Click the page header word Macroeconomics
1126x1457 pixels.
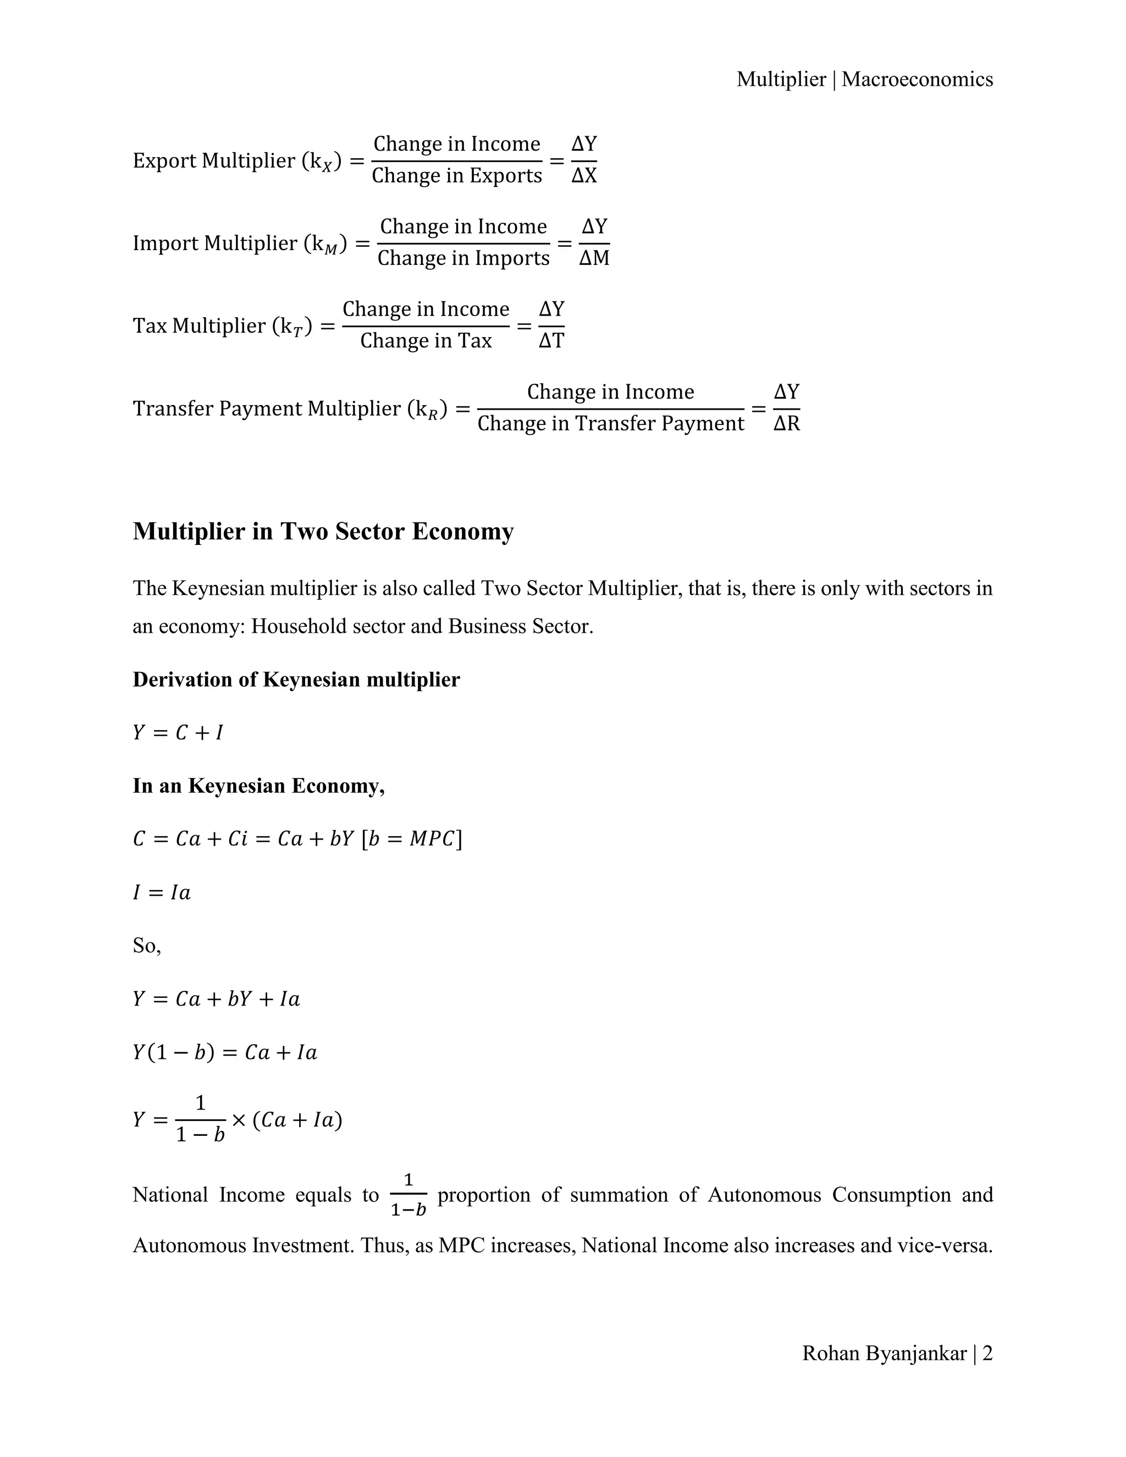917,79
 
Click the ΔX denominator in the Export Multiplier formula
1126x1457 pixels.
584,176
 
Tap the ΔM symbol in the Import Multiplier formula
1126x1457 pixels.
594,258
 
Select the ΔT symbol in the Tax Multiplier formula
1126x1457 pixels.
551,341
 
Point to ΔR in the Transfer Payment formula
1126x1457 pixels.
786,423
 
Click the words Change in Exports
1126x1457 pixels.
456,175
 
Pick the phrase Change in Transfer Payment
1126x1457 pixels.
610,423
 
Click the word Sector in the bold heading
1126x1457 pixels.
369,532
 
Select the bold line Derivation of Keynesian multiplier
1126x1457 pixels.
296,680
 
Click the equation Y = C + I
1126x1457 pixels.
178,733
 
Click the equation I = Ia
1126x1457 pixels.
162,892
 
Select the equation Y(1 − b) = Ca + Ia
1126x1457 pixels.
225,1053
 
